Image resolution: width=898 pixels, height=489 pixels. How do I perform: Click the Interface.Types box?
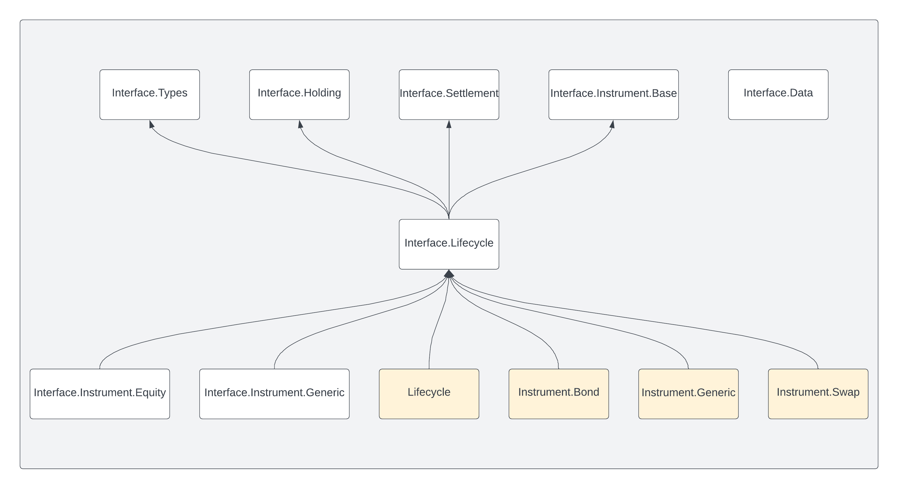tap(150, 94)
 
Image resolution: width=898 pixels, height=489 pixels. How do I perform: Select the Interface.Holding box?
tap(299, 94)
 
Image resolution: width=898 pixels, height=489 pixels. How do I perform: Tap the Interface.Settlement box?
tap(449, 94)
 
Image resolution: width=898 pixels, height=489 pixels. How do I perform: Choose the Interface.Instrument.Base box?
tap(613, 94)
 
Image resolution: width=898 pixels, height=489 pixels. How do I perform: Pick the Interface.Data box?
tap(778, 94)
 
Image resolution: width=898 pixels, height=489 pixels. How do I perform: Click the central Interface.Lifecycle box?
tap(449, 244)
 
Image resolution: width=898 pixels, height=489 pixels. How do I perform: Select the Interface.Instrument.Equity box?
tap(100, 393)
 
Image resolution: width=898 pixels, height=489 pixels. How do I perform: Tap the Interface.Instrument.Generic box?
tap(274, 393)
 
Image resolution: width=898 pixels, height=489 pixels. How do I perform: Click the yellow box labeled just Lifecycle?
tap(429, 393)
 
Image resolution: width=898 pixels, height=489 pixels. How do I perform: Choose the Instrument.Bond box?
tap(558, 393)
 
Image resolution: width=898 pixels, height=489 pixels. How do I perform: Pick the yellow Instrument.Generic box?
tap(688, 393)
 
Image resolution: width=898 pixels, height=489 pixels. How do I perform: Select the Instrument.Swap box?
tap(818, 393)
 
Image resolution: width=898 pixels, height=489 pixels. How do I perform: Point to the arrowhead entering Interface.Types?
tap(151, 124)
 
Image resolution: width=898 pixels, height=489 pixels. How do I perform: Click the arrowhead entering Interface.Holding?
tap(300, 124)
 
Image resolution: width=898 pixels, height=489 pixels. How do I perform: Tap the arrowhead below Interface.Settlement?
tap(449, 124)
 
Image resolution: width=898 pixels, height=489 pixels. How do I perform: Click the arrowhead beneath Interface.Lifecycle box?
tap(449, 274)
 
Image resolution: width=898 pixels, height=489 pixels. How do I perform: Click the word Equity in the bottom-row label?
tap(150, 393)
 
